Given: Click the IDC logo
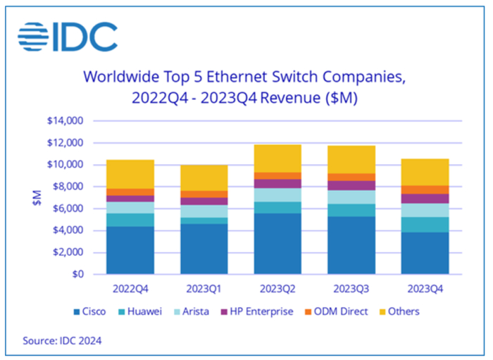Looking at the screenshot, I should (x=68, y=37).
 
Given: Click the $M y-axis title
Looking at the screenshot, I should (x=37, y=197).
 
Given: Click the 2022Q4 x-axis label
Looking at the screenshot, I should (x=130, y=289).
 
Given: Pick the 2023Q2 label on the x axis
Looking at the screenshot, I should (x=278, y=289).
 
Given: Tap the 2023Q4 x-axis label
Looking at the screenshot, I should (x=425, y=289).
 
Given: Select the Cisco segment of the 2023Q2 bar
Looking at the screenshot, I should (x=278, y=243).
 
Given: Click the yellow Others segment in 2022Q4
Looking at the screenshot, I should (x=130, y=174).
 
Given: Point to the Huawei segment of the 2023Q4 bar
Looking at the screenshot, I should (x=425, y=224).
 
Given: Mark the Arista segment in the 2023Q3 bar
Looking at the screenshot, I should (x=351, y=197).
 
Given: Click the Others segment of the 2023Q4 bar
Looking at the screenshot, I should (x=425, y=172).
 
